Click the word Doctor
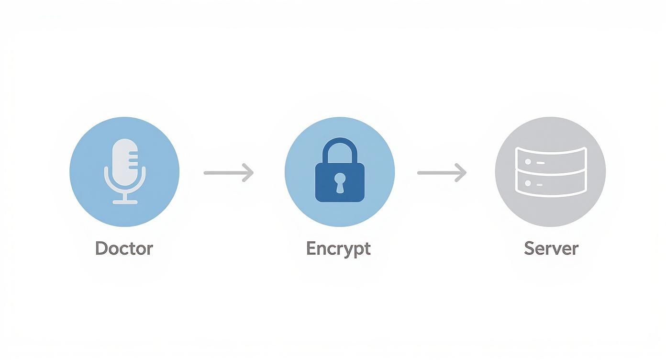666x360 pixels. coord(124,248)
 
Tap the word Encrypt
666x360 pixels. coord(338,248)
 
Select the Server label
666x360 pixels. coord(551,248)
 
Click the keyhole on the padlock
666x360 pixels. coord(340,181)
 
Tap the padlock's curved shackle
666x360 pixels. coord(340,146)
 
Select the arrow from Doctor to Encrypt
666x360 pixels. coord(228,172)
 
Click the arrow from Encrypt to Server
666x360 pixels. coord(442,172)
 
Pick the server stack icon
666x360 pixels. coord(550,171)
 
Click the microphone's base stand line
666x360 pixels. coord(125,202)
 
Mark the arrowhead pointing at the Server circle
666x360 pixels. coord(461,172)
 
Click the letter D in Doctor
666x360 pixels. coord(100,248)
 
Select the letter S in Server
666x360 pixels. coord(529,248)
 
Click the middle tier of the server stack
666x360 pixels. coord(550,170)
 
